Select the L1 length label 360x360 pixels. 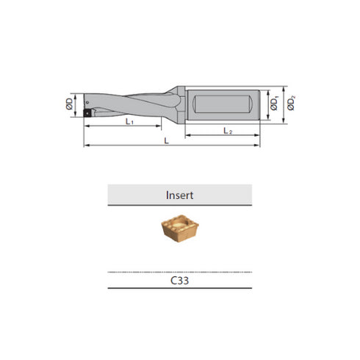click(129, 122)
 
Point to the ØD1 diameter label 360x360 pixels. click(273, 106)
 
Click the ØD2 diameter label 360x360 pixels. click(292, 105)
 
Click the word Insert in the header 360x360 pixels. click(180, 195)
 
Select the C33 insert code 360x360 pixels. click(180, 280)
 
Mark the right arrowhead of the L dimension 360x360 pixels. click(259, 146)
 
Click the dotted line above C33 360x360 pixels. click(180, 271)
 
